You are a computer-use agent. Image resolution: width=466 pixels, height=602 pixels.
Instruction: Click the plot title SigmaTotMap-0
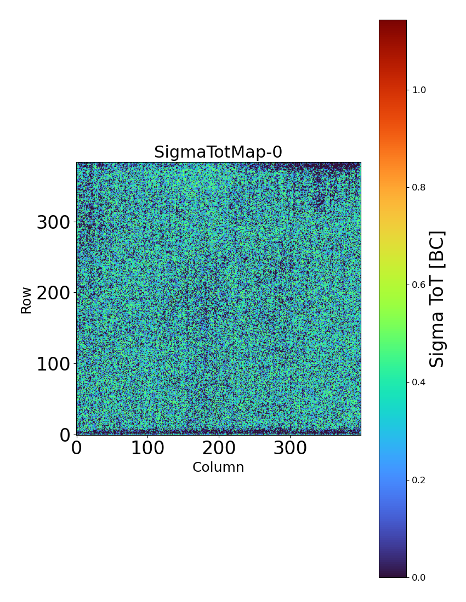click(x=218, y=152)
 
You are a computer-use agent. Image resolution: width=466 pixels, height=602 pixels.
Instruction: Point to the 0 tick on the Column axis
click(x=77, y=448)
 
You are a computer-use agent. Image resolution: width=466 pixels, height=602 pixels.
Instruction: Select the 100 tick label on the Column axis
click(x=147, y=448)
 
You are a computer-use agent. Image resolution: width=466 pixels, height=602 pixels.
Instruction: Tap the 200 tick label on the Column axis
click(x=219, y=448)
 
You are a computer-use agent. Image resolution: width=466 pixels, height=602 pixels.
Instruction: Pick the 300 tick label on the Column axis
click(x=290, y=448)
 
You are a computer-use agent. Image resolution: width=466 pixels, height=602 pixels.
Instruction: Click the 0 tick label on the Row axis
click(x=65, y=435)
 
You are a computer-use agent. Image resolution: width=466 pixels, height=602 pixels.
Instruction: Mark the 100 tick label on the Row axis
click(x=54, y=364)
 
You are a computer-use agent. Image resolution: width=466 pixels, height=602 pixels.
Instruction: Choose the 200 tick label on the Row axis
click(x=54, y=293)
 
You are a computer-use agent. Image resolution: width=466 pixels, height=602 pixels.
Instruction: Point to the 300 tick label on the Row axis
click(x=54, y=223)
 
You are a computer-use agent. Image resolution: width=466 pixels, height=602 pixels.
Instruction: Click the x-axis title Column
click(x=218, y=467)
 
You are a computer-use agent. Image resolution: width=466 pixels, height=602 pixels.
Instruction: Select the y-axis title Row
click(x=26, y=299)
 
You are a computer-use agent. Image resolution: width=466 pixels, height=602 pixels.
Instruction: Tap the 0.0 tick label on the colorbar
click(x=419, y=577)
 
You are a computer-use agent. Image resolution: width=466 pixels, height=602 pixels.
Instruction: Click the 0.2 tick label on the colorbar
click(x=419, y=480)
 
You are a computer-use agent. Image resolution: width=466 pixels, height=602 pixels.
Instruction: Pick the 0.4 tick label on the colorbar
click(x=419, y=382)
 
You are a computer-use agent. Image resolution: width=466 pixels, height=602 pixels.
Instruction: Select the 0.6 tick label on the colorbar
click(x=419, y=285)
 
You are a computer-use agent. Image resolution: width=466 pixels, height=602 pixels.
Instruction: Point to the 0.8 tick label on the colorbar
click(x=419, y=187)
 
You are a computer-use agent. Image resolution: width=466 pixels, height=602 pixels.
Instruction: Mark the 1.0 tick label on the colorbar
click(x=419, y=90)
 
